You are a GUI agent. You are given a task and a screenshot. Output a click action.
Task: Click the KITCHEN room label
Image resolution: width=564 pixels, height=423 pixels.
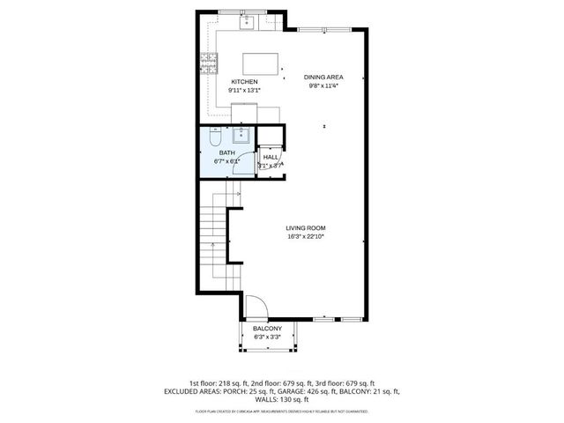244,82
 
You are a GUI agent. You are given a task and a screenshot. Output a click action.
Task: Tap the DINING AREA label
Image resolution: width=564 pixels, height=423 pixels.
323,77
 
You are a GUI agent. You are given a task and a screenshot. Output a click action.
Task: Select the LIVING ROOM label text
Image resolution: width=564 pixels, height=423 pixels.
306,227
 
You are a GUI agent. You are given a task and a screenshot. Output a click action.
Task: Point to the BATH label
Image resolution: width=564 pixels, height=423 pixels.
226,152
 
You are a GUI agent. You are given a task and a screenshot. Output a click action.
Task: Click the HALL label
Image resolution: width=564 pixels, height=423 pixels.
271,157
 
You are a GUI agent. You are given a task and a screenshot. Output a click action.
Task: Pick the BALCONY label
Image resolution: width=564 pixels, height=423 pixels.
267,328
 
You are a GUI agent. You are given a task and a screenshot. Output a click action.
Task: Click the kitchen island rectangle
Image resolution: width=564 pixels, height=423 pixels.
262,63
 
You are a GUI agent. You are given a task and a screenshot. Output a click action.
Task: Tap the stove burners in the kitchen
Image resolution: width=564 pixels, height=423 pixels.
210,62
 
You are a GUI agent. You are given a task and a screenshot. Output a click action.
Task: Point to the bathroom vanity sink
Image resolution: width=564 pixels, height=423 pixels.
241,135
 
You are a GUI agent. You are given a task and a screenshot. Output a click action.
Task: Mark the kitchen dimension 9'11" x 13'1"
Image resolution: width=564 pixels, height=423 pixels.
244,90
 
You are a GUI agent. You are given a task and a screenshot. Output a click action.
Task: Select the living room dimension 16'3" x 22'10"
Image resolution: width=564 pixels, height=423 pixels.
306,236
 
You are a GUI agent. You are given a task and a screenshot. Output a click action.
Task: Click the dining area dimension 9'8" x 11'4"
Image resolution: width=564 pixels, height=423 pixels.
323,85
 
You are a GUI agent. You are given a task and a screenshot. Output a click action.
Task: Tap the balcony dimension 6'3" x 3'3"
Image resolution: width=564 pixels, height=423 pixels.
267,337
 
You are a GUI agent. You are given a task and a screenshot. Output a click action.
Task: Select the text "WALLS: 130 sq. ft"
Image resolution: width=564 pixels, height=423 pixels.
282,398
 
